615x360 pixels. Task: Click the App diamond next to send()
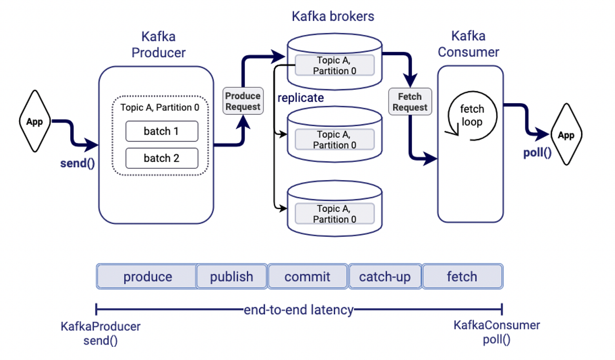(x=34, y=122)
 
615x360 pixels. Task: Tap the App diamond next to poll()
(x=566, y=135)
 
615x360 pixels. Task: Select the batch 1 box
(x=161, y=131)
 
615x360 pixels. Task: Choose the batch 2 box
(x=161, y=158)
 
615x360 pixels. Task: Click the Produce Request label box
(x=243, y=101)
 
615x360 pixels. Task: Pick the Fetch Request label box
(x=410, y=102)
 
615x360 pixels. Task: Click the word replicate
(x=301, y=97)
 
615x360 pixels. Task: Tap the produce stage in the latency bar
(x=147, y=277)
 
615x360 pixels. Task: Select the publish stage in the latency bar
(x=232, y=277)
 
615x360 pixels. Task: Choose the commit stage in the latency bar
(x=307, y=277)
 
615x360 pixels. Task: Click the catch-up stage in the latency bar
(x=385, y=277)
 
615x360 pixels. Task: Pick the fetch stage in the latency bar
(x=462, y=277)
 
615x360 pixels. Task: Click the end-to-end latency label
(x=299, y=310)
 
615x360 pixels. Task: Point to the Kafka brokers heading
(x=333, y=16)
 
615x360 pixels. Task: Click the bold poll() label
(x=538, y=153)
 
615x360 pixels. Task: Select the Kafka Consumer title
(x=468, y=44)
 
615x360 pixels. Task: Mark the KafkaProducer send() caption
(x=100, y=333)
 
